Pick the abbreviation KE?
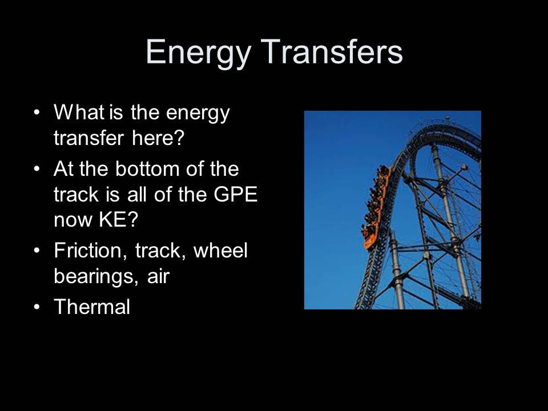(118, 220)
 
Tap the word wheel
(221, 251)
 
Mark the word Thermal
(92, 308)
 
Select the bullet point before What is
(37, 113)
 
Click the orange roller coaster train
(376, 205)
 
